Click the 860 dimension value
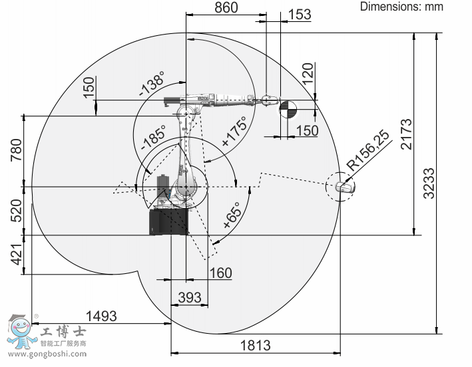(226, 7)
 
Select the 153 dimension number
(300, 14)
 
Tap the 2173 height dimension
(406, 134)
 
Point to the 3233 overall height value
(429, 183)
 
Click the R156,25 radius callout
(368, 150)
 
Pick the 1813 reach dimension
(255, 345)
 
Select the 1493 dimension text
(101, 316)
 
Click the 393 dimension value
(190, 298)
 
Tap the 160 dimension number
(220, 273)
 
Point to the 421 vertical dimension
(17, 254)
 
